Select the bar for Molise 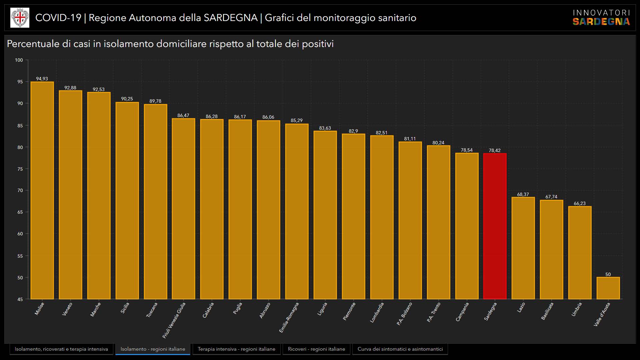[42, 190]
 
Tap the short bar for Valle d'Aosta [608, 288]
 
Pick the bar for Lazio [523, 248]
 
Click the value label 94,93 [42, 79]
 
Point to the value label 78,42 [495, 150]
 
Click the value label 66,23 [580, 203]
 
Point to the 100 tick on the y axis [19, 60]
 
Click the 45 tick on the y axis [20, 299]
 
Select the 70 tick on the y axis [20, 191]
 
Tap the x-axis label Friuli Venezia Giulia [174, 320]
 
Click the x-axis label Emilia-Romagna [289, 317]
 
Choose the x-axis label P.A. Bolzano [404, 314]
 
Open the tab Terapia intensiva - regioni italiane [236, 349]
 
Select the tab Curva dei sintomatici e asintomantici [400, 349]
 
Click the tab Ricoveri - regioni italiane [316, 349]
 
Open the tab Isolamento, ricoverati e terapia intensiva [61, 349]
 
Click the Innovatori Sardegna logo [601, 18]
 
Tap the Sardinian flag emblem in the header [20, 18]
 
